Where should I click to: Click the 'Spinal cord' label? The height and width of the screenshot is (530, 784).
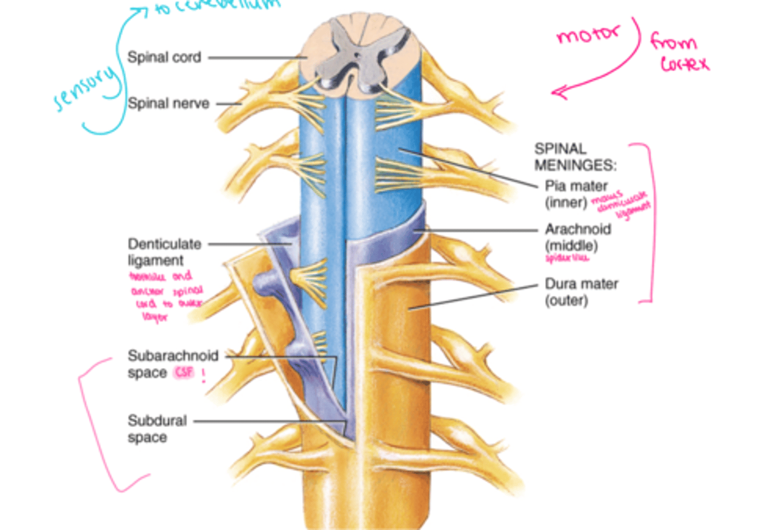[164, 57]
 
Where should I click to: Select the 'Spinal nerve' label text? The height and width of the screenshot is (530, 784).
[168, 103]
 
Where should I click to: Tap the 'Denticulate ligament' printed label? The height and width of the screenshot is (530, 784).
[164, 252]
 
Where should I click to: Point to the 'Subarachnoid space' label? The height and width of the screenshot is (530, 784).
[172, 364]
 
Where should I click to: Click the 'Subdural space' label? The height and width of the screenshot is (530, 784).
[157, 429]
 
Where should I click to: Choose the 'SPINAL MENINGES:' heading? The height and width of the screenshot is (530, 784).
[574, 157]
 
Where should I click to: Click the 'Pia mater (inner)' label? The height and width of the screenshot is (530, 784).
[575, 194]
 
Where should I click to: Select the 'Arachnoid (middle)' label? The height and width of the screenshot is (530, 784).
[577, 237]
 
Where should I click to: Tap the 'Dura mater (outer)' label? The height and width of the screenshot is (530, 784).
[581, 292]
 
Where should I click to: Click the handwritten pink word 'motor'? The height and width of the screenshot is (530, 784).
[587, 35]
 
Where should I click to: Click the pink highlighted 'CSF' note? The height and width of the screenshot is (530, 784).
[184, 373]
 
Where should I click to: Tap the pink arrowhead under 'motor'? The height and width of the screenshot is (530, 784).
[559, 93]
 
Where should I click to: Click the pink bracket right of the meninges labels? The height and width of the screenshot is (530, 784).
[648, 223]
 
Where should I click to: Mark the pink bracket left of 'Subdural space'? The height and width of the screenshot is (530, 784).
[95, 425]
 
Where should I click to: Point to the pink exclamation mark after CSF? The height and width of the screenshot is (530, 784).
[204, 375]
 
